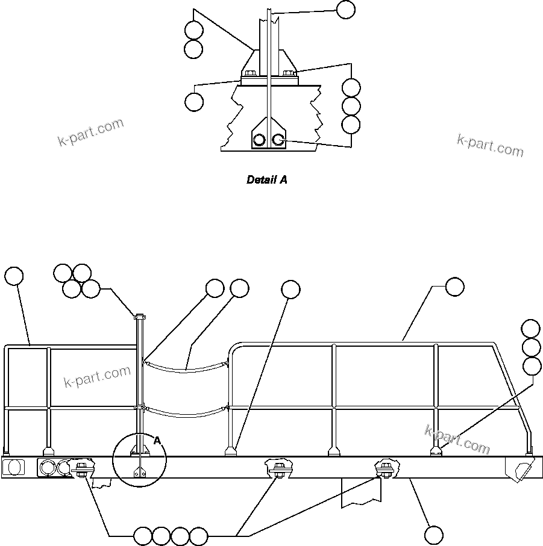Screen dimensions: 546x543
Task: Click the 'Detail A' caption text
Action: click(267, 179)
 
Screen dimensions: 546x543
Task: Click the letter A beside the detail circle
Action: click(157, 441)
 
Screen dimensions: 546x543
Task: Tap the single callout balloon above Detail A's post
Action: click(345, 10)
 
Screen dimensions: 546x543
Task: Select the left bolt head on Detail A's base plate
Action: click(251, 73)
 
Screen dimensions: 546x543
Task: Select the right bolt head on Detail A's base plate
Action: click(289, 73)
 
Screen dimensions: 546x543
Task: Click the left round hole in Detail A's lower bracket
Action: click(259, 140)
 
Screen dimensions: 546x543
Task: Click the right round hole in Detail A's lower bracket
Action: click(278, 140)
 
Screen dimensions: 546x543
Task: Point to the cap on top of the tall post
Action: click(140, 316)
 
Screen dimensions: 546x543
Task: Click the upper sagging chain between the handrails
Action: click(186, 368)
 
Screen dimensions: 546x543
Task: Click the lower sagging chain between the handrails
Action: click(186, 413)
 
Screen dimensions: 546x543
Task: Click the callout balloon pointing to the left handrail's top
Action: click(14, 276)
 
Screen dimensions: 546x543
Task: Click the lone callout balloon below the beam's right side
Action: click(433, 535)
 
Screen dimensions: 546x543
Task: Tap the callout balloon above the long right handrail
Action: click(455, 288)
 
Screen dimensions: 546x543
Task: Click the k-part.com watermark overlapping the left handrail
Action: click(97, 377)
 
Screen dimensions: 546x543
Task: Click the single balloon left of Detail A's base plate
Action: click(194, 102)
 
